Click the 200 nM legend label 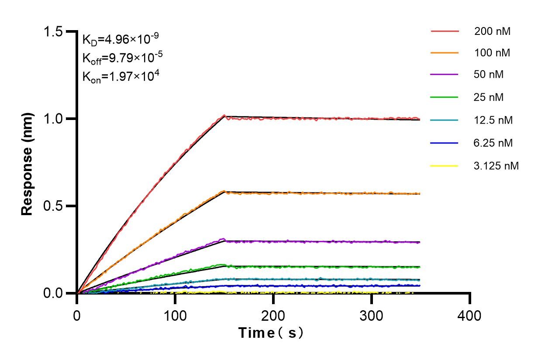coord(492,31)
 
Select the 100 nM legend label coord(492,53)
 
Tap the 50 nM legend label coord(489,75)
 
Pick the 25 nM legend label coord(489,97)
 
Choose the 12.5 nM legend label coord(493,120)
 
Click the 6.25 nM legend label coord(493,143)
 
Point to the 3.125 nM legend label coord(496,166)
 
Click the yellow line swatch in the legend coord(445,166)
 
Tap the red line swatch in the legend coord(445,31)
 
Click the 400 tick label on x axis coord(470,315)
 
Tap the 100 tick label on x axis coord(175,315)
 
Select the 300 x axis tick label coord(372,315)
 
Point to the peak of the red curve coord(224,116)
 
